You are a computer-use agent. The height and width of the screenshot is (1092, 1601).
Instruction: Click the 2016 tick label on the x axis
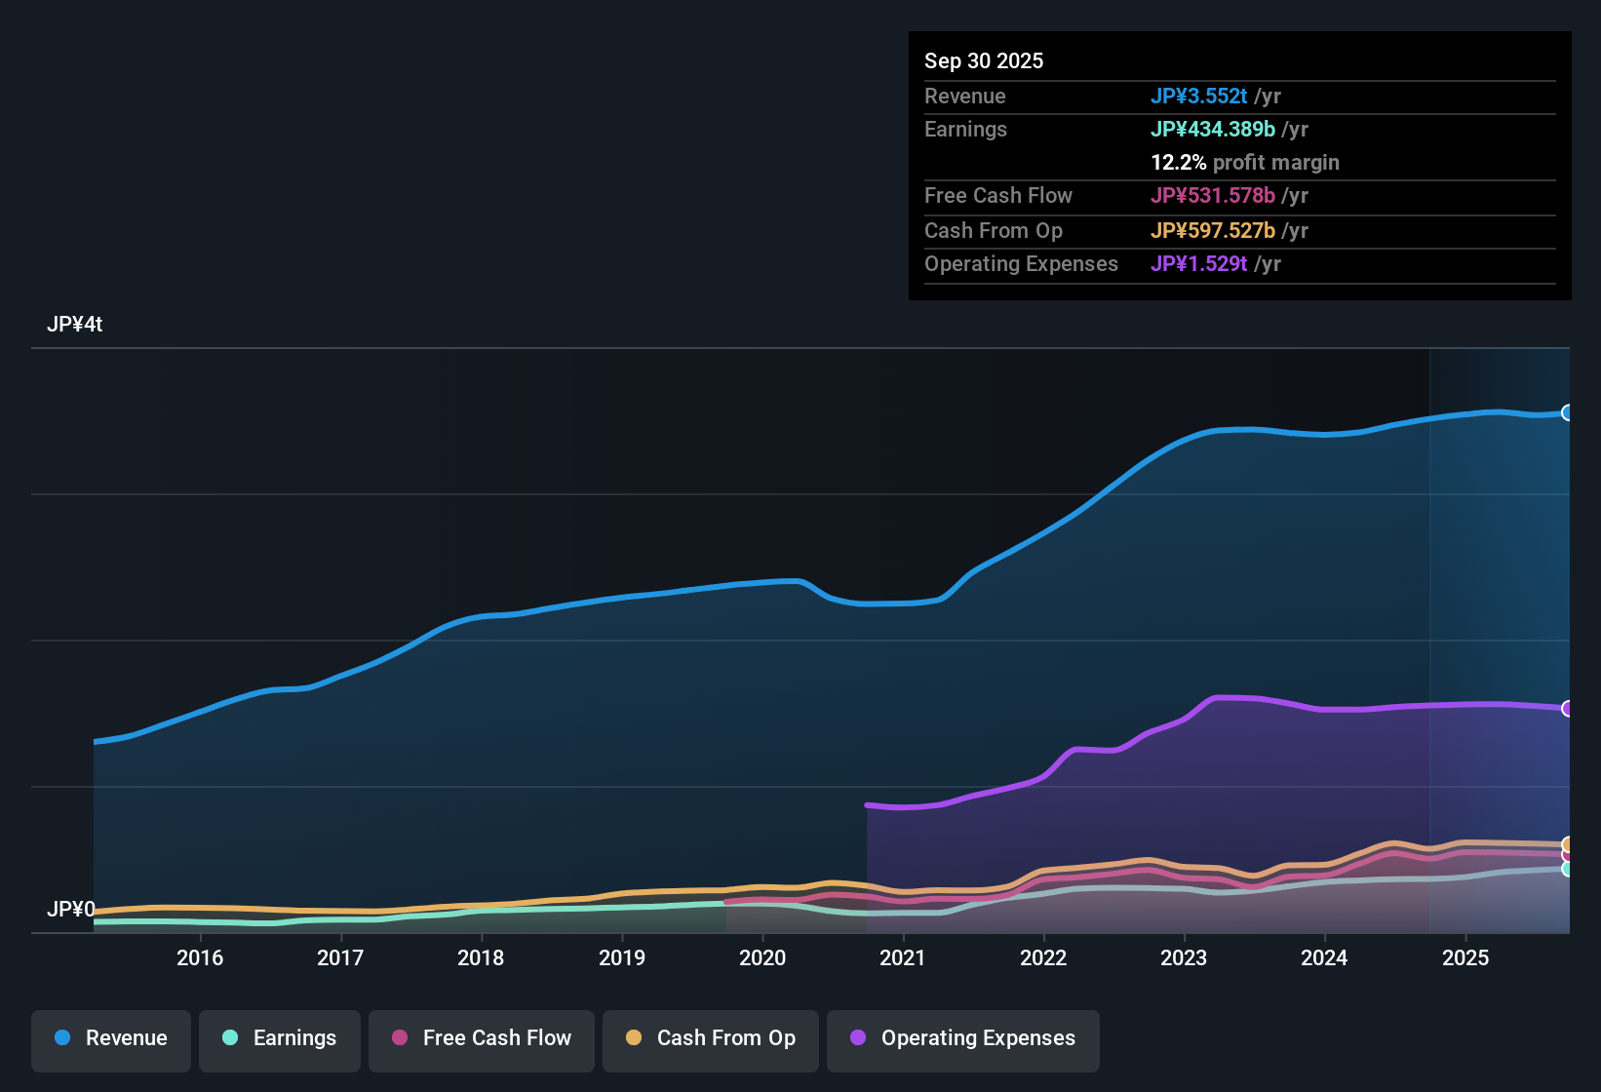tap(200, 957)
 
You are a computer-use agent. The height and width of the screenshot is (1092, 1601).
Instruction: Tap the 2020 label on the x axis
tap(761, 957)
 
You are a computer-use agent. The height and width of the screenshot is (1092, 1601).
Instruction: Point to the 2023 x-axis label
tap(1183, 957)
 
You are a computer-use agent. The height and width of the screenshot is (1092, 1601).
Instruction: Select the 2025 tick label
tap(1464, 957)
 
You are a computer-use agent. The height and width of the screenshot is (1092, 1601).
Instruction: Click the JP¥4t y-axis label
tap(74, 325)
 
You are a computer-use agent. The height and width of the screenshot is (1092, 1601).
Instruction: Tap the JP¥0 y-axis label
tap(70, 910)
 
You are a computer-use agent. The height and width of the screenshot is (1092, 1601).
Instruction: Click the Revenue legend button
tap(111, 1038)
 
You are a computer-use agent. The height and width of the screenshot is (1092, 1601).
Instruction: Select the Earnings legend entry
tap(280, 1038)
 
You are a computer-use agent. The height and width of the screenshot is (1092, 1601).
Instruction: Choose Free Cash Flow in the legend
tap(482, 1038)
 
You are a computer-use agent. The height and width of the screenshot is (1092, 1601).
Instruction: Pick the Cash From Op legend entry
tap(711, 1038)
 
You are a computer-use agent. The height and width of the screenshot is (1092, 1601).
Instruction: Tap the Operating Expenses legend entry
tap(963, 1038)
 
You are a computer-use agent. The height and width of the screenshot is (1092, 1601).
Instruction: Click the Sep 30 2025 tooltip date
tap(984, 60)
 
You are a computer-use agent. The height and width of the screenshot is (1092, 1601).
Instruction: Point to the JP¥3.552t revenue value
tap(1199, 96)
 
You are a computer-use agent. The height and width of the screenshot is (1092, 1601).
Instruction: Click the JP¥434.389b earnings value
tap(1213, 129)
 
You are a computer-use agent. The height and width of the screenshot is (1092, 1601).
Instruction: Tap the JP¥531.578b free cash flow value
tap(1213, 195)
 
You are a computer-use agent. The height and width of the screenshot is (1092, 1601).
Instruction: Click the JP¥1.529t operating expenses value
tap(1199, 263)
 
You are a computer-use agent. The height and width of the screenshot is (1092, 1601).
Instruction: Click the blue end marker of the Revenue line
tap(1567, 412)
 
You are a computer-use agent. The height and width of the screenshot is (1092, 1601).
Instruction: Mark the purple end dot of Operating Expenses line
tap(1567, 709)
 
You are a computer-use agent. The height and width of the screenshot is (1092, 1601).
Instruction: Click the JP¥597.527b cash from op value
tap(1213, 230)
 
